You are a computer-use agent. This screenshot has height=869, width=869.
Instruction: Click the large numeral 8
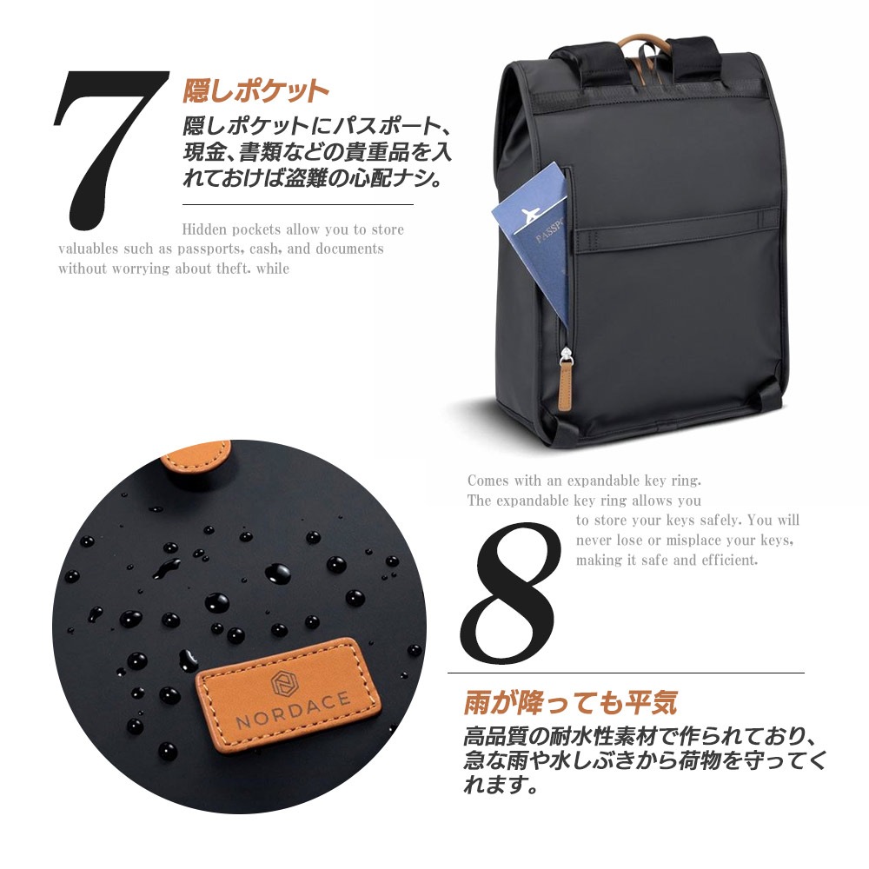509,593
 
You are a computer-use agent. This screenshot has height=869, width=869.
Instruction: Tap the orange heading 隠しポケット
256,91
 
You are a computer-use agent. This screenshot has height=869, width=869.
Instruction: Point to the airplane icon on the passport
530,214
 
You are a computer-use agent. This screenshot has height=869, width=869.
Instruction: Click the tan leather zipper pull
566,382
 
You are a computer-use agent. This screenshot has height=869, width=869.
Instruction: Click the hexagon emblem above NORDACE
285,683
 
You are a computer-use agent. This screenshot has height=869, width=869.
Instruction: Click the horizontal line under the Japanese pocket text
298,204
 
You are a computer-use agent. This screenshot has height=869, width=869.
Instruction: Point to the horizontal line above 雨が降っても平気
626,673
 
